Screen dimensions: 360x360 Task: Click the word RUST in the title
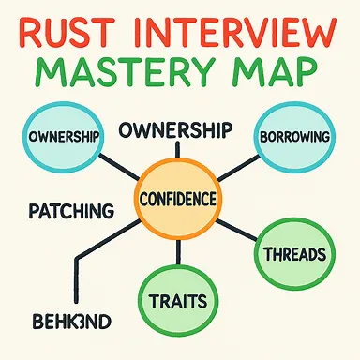pyautogui.click(x=69, y=31)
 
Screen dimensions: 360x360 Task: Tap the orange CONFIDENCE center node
pyautogui.click(x=178, y=200)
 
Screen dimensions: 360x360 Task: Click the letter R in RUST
pyautogui.click(x=31, y=31)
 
